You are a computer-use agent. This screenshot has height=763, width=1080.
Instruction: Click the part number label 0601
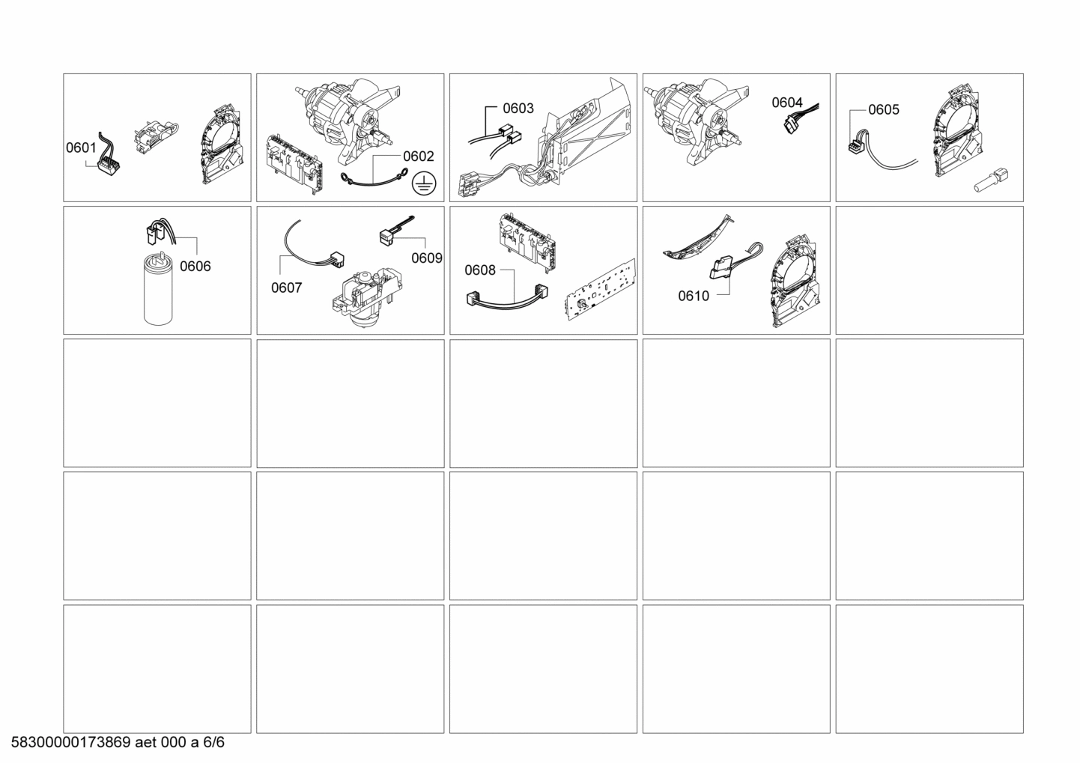tap(81, 148)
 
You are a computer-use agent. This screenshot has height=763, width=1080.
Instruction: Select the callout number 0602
tap(419, 156)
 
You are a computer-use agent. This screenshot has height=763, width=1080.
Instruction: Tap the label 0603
tap(518, 109)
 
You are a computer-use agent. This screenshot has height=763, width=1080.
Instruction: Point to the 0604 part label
tap(787, 103)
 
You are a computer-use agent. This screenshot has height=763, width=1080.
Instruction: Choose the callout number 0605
tap(884, 110)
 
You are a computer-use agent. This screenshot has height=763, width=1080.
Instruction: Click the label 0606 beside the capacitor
tap(195, 266)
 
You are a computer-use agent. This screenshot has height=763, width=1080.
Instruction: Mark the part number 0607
tap(286, 288)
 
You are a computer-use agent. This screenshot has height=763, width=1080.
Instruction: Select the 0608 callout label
tap(480, 270)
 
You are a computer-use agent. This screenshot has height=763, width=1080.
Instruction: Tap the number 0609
tap(427, 258)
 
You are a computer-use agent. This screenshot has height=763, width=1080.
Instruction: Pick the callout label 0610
tap(694, 296)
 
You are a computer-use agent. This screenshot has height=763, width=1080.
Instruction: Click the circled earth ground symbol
tap(424, 184)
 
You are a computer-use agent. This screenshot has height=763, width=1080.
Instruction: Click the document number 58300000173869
tap(71, 742)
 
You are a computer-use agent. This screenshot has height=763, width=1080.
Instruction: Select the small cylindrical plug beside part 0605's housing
tap(992, 180)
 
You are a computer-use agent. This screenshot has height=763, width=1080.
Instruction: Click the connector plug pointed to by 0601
tap(109, 167)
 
